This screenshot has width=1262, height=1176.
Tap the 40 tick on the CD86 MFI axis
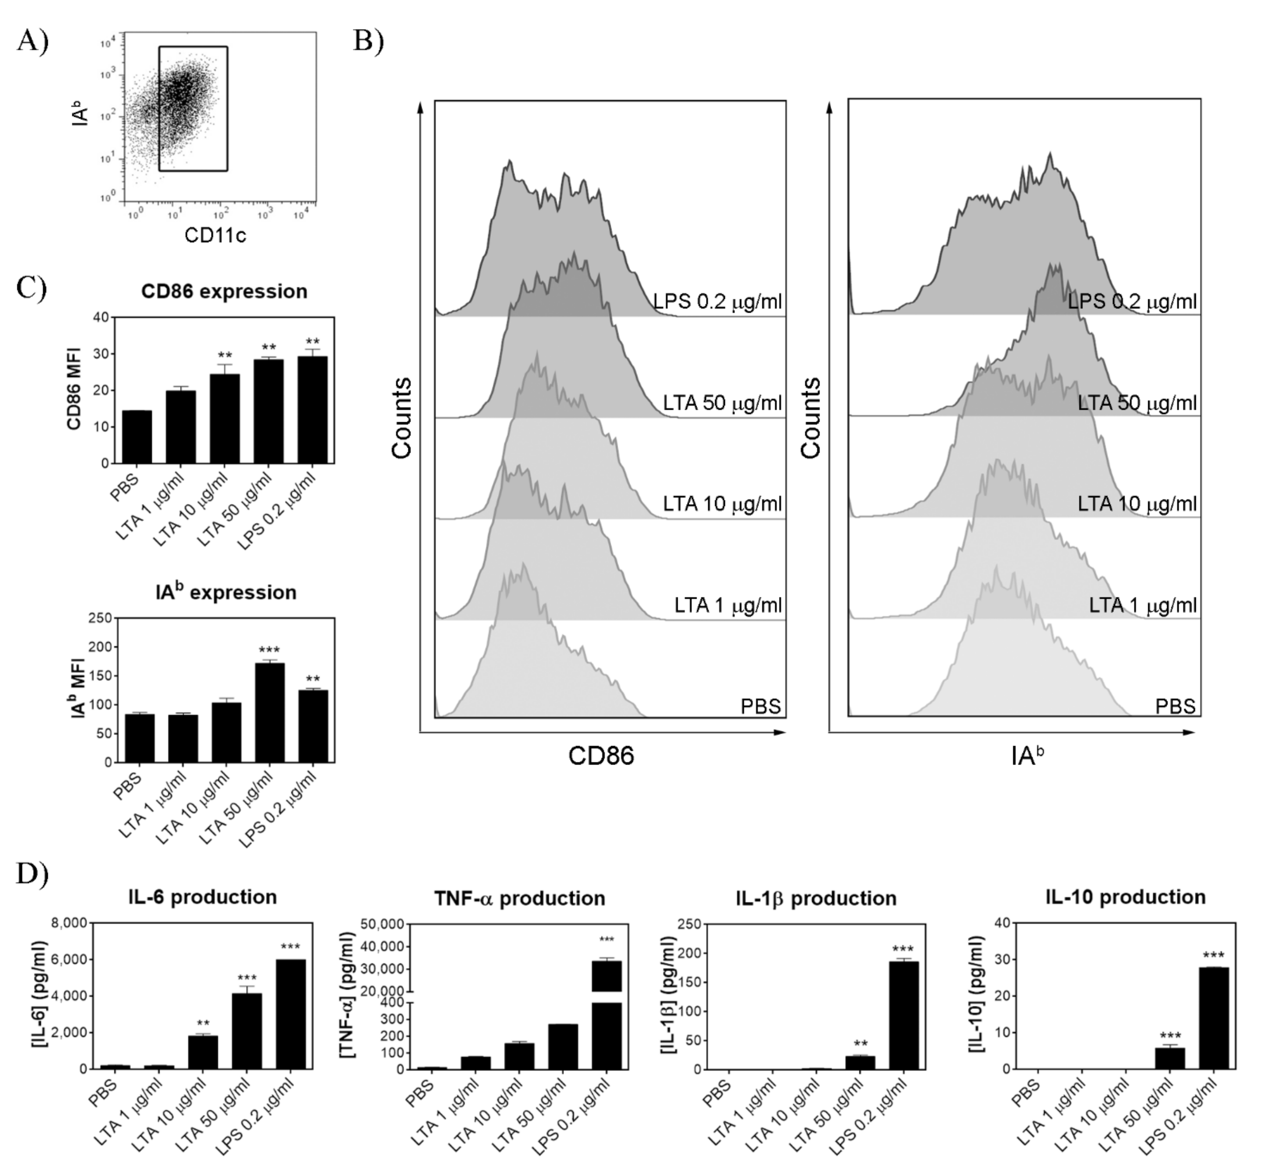pyautogui.click(x=100, y=317)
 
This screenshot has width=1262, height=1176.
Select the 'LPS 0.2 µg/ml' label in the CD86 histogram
pyautogui.click(x=718, y=302)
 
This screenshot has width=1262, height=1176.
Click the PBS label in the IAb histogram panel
pyautogui.click(x=1175, y=706)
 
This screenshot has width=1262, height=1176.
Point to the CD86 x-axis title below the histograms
pyautogui.click(x=601, y=756)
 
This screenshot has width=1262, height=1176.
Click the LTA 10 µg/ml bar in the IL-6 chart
pyautogui.click(x=203, y=1052)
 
